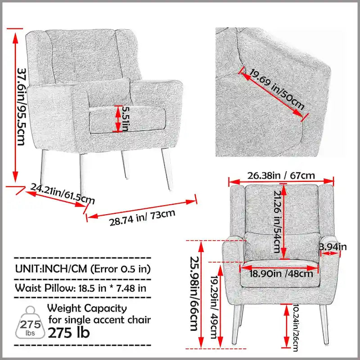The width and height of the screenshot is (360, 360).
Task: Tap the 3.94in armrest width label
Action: [x=333, y=247]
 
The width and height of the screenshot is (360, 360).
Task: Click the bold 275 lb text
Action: [x=68, y=333]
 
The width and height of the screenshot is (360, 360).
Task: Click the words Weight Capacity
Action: [x=87, y=309]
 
